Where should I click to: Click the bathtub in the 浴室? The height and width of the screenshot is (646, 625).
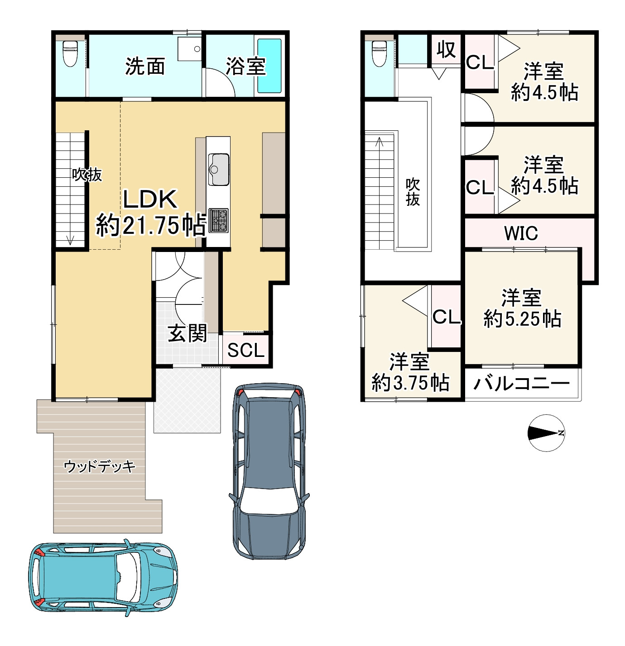coord(269,66)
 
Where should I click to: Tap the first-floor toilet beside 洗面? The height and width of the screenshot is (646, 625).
coord(70,53)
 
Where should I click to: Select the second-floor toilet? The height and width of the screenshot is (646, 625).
coord(379,53)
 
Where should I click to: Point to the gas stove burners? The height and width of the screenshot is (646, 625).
coord(218,220)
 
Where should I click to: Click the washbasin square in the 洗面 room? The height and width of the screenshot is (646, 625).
coord(189,48)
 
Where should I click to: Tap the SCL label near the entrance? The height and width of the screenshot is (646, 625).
coord(245,350)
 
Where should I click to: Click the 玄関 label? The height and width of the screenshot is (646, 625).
coord(187,333)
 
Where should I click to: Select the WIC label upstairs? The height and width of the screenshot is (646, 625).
coord(521,233)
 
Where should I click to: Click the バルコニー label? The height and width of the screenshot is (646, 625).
coord(521,384)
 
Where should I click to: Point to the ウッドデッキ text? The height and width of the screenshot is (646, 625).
coord(99,466)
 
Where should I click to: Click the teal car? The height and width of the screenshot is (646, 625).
coord(103,578)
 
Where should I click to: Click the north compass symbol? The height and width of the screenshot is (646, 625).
coord(546,433)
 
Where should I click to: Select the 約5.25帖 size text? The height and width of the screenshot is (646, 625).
coord(522,318)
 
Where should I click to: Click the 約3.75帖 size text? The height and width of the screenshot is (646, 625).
coord(410,382)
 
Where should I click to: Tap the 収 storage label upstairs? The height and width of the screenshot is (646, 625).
coord(446,50)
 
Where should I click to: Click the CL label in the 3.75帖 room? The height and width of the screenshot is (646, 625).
coord(446,317)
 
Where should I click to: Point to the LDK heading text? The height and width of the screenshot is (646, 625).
coord(150,199)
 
